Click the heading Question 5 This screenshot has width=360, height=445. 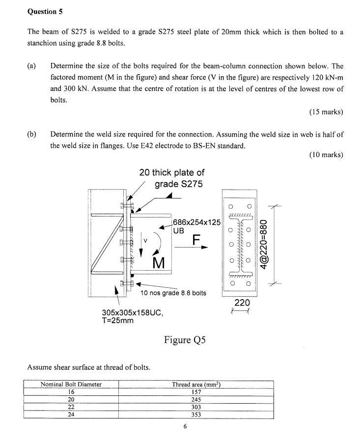click(45, 11)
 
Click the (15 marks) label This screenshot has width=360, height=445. click(326, 111)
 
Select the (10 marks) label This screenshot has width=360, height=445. click(326, 155)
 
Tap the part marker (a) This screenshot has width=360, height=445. click(32, 66)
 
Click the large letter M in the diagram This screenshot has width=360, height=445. click(159, 262)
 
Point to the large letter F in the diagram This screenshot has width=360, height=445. click(196, 240)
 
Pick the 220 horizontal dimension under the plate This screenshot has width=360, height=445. click(242, 303)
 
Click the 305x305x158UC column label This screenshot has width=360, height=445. click(132, 312)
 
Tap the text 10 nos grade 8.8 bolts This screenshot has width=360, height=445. click(173, 293)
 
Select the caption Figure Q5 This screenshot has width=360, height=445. click(184, 339)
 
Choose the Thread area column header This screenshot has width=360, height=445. click(196, 384)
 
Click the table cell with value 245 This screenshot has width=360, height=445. click(196, 400)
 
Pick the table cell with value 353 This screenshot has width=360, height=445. click(196, 415)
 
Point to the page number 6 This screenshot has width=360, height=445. click(185, 426)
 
